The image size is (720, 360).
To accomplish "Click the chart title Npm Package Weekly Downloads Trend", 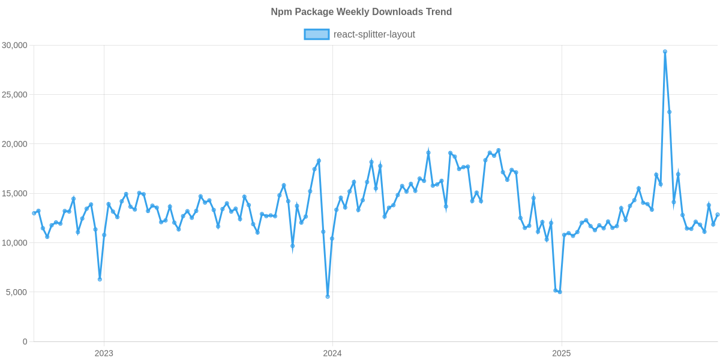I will (361, 12).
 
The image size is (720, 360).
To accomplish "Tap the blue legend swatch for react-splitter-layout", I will (316, 34).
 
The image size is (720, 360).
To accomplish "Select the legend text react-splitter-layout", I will (374, 34).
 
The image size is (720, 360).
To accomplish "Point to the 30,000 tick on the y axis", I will (14, 45).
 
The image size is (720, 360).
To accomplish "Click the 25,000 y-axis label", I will (14, 95).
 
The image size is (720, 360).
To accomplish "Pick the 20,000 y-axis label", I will (14, 144).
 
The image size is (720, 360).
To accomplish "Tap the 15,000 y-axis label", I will (14, 193).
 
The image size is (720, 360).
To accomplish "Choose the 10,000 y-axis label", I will (14, 243).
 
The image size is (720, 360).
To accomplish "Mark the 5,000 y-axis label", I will (17, 292).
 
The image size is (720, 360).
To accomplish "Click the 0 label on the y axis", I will (25, 341).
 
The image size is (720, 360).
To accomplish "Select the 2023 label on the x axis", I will (104, 353).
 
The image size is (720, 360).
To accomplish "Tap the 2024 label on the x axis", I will (332, 353).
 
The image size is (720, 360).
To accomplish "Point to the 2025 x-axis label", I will (561, 353).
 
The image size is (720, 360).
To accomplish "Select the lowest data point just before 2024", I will (328, 296).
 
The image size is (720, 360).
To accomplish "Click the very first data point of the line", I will (34, 213).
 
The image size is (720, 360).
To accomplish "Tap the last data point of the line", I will (718, 214).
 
